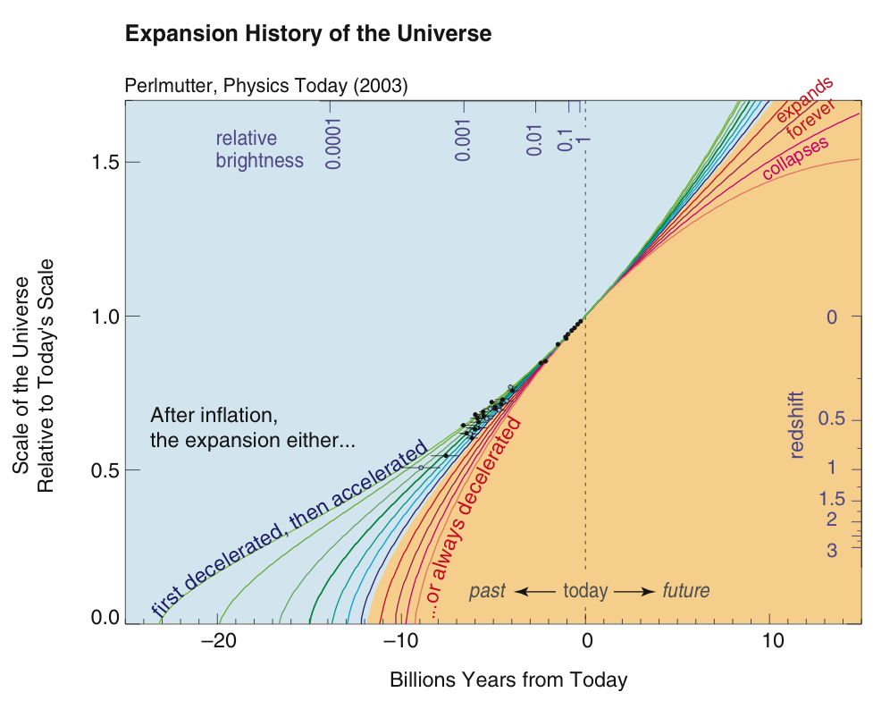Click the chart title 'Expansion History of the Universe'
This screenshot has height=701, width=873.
[308, 34]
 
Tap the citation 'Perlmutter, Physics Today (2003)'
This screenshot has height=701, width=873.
[266, 86]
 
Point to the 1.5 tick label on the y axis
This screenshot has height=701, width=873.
[105, 162]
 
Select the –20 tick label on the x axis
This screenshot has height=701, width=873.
[219, 641]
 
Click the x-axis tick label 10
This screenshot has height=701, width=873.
[773, 641]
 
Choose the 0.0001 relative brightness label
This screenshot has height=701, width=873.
[333, 143]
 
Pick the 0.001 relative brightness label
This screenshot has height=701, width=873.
[463, 139]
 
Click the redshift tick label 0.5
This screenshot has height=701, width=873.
[831, 418]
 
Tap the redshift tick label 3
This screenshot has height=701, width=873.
[832, 551]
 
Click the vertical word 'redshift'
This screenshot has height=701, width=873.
[797, 426]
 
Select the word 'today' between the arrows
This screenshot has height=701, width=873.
[585, 590]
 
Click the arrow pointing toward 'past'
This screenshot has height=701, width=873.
[535, 591]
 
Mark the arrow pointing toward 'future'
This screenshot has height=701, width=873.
[634, 591]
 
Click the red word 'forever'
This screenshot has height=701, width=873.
[810, 119]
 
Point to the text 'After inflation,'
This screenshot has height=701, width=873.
[214, 416]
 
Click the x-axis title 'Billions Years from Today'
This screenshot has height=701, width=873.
[508, 680]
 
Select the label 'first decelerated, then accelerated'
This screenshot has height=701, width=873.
[290, 528]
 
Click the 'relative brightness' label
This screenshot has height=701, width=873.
[259, 149]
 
